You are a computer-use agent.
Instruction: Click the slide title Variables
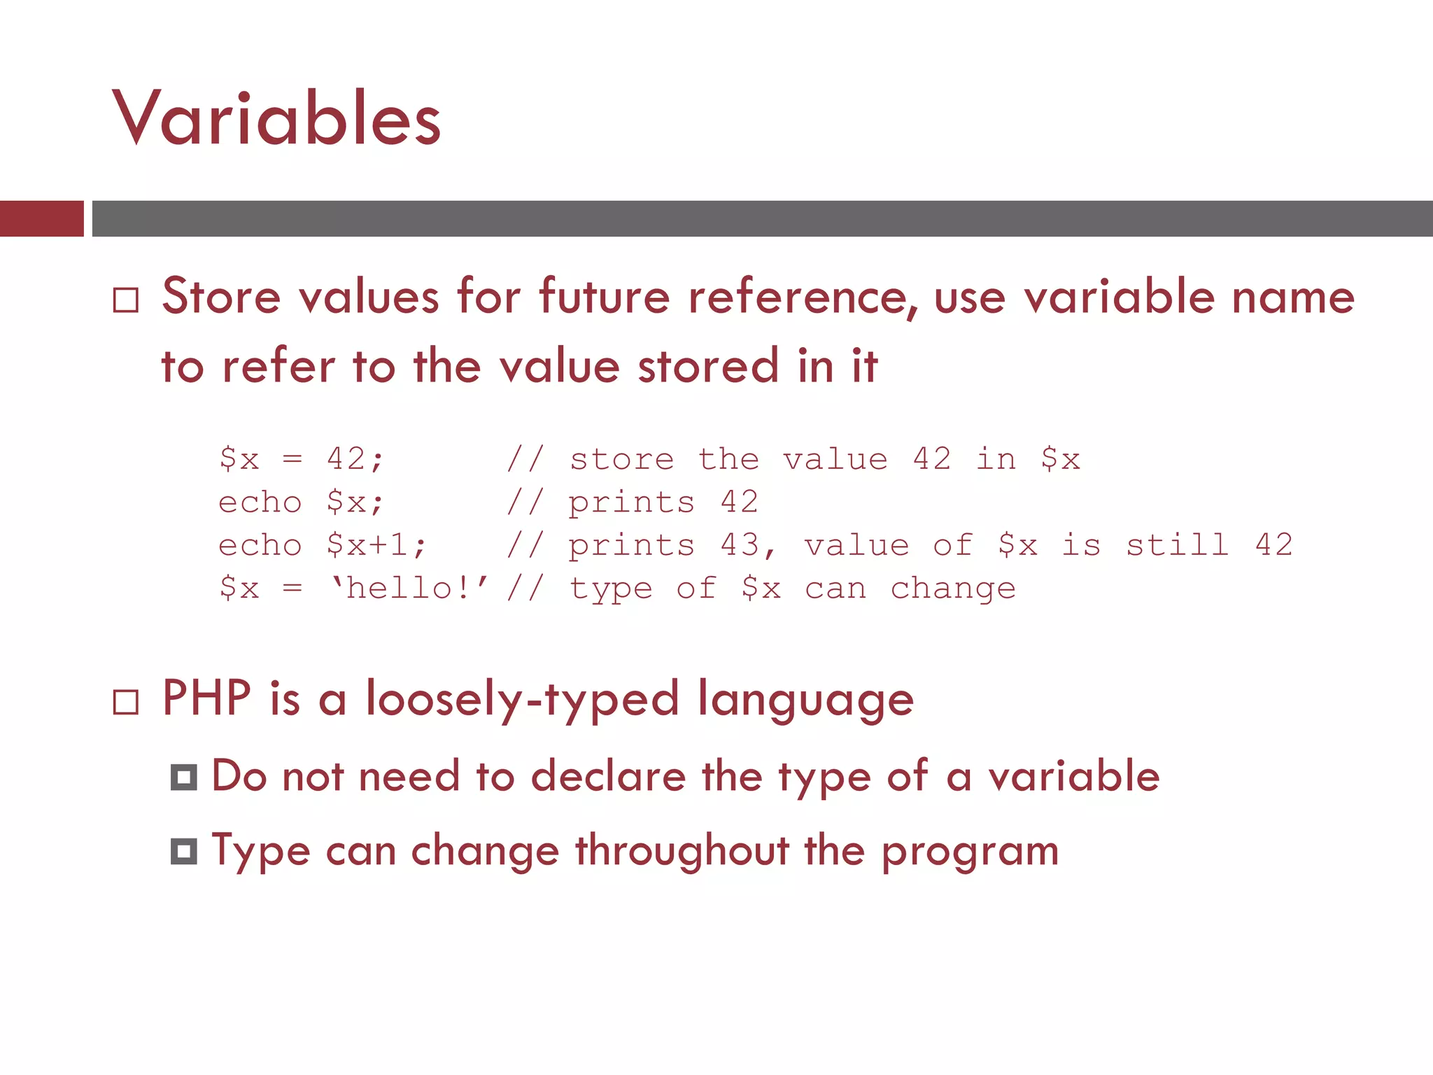click(x=276, y=119)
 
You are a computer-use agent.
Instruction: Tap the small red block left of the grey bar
click(x=41, y=218)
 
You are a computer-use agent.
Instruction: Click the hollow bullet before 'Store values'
click(x=126, y=300)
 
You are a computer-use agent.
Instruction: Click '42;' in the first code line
click(x=355, y=459)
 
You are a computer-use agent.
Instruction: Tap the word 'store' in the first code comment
click(x=622, y=460)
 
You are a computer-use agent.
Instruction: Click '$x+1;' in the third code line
click(x=376, y=545)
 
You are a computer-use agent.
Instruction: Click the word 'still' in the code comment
click(x=1177, y=545)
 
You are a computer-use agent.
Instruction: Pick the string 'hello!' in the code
click(x=409, y=588)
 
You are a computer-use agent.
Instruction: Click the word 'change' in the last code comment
click(x=952, y=589)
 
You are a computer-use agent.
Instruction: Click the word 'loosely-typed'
click(x=522, y=699)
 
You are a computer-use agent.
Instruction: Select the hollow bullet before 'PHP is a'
click(x=126, y=702)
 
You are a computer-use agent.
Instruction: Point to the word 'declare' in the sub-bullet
click(x=608, y=777)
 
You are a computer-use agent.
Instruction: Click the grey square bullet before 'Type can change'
click(x=184, y=852)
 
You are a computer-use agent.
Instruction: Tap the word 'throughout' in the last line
click(x=682, y=852)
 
